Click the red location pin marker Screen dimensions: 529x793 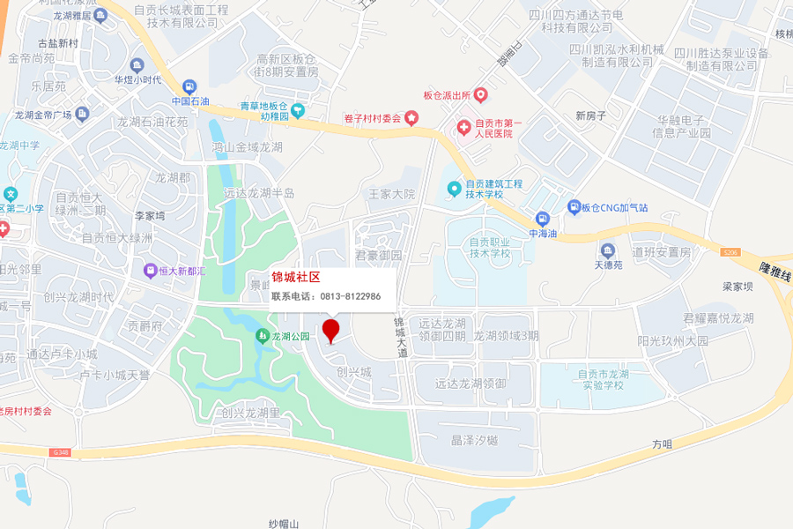(330, 332)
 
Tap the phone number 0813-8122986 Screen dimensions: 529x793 (350, 296)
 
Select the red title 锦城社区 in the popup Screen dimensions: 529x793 (295, 278)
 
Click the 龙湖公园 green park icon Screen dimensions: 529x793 (263, 336)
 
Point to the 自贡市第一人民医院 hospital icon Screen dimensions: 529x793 (463, 129)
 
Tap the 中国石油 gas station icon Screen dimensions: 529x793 (189, 87)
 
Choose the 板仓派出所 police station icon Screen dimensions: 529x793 (480, 94)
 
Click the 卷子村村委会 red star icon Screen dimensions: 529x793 (411, 118)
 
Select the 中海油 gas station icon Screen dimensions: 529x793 (543, 219)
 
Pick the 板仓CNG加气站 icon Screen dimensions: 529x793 (573, 207)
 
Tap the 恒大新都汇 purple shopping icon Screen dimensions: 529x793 (150, 271)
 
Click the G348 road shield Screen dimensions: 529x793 (60, 452)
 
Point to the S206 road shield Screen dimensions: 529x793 (730, 252)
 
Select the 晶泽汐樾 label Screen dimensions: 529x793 (474, 440)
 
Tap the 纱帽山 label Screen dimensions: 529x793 (284, 524)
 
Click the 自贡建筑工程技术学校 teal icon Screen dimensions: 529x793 (454, 189)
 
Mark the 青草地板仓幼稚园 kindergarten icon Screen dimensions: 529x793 (298, 111)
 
